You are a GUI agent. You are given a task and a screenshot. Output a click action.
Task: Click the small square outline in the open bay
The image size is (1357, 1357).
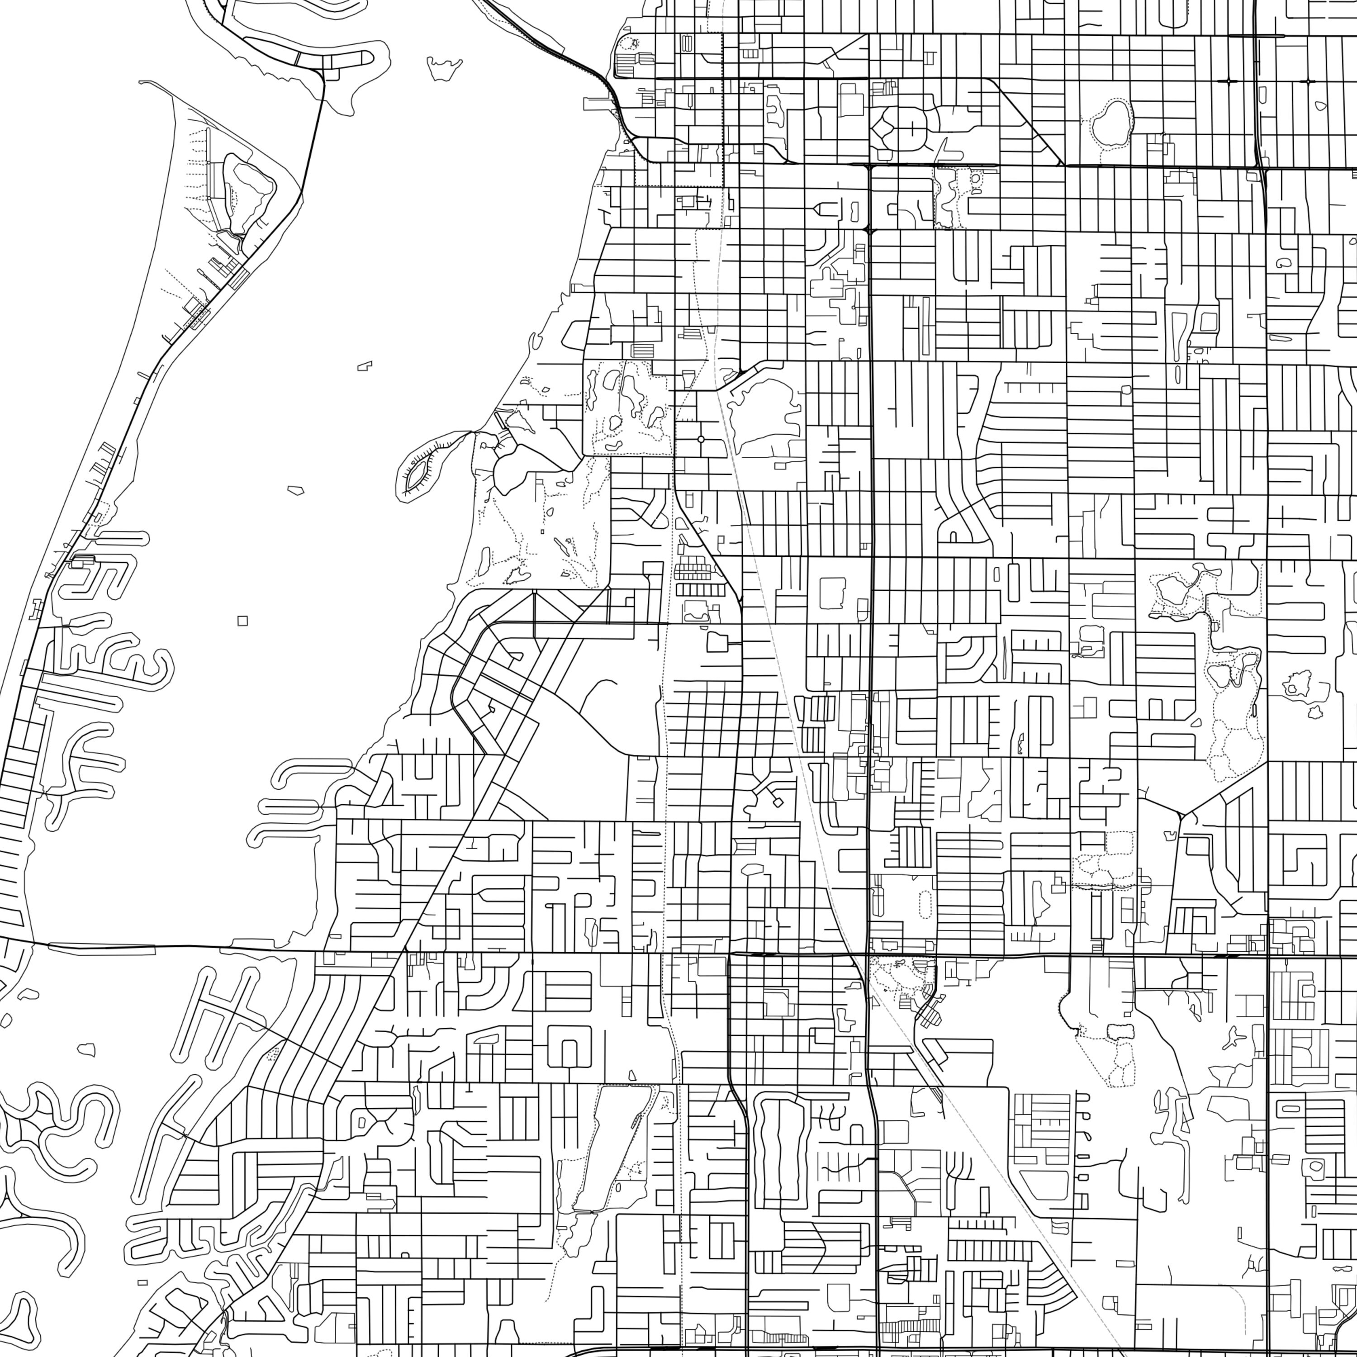tap(242, 620)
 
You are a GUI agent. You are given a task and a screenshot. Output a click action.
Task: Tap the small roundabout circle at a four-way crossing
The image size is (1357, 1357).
tap(700, 440)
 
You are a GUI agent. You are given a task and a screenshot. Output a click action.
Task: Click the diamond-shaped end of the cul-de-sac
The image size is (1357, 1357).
tap(778, 802)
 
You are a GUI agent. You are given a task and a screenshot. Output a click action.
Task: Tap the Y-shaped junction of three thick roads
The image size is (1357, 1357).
tap(1181, 816)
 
